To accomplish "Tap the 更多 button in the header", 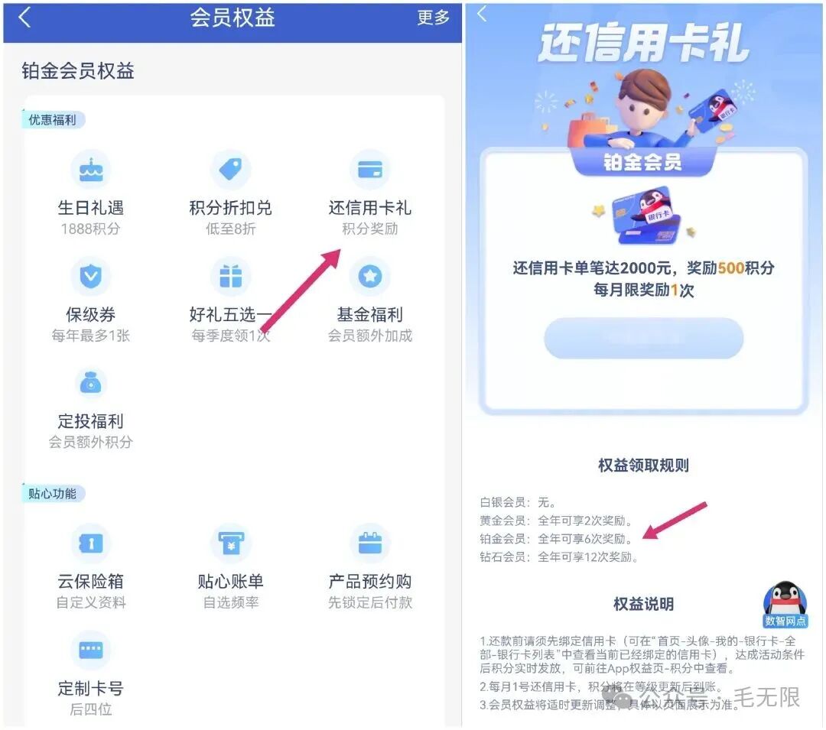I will coord(433,18).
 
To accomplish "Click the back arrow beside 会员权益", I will coord(25,18).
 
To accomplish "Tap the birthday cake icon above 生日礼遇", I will coord(91,169).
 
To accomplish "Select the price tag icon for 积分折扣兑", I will coord(230,169).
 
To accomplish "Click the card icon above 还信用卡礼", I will coord(370,169).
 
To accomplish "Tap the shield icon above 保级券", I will coord(91,276).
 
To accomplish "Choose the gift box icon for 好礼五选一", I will coord(230,276).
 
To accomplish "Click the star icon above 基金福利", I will coord(370,276).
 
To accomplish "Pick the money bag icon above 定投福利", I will coord(91,383).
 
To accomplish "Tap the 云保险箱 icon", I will coord(91,543).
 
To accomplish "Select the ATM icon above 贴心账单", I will coord(230,543).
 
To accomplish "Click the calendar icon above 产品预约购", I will coord(370,543).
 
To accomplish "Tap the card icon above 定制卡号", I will coord(91,650).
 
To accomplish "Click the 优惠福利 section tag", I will coord(53,120).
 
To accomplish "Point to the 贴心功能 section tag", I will coord(53,494).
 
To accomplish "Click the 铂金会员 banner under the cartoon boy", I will coord(642,162).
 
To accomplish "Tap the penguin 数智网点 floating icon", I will coord(785,605).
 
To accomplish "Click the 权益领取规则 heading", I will coord(643,466).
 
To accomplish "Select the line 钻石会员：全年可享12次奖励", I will coord(559,557).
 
